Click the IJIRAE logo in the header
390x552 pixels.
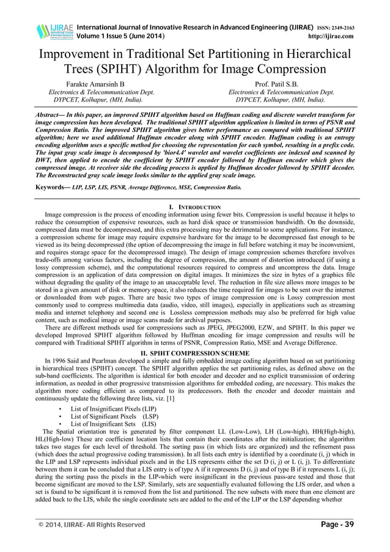coord(53,31)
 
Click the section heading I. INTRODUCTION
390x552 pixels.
coord(194,208)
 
